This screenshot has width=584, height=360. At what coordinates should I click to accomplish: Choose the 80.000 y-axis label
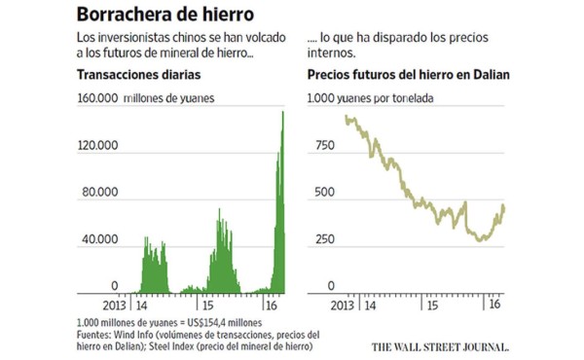point(100,193)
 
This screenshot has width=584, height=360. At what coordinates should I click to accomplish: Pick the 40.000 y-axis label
point(100,239)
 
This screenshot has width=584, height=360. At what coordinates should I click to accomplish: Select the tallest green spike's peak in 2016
point(282,112)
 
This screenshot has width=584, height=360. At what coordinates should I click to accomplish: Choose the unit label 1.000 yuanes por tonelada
point(370,99)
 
